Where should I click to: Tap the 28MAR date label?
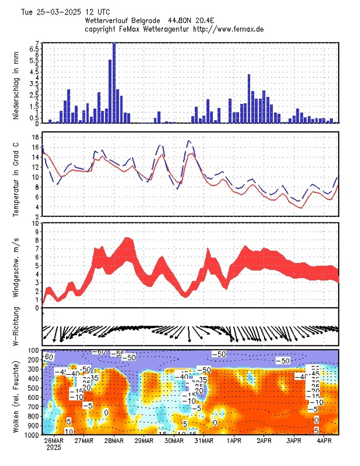(113, 441)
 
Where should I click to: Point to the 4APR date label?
(324, 441)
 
